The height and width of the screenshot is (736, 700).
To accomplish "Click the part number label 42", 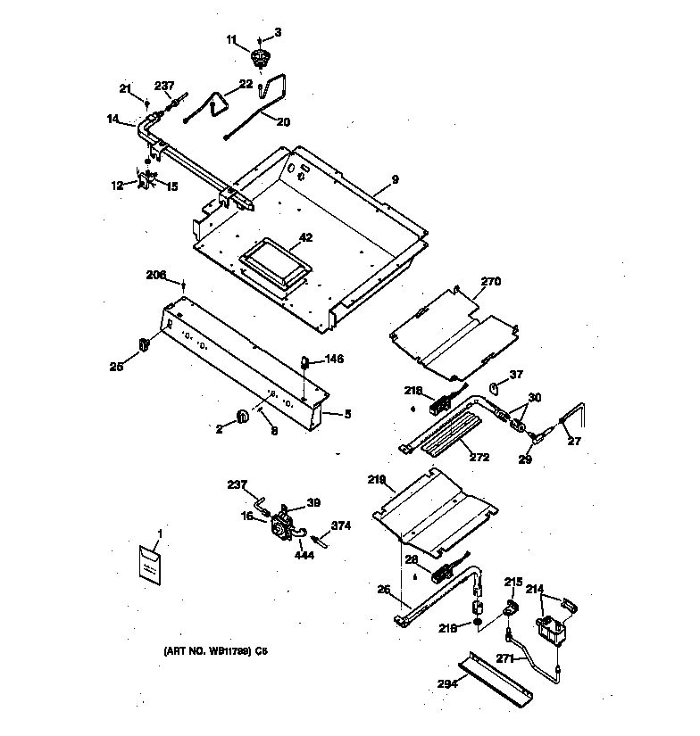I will (x=305, y=237).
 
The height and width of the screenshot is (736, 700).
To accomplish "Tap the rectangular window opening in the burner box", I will (x=271, y=261).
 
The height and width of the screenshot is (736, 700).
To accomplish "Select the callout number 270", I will (x=491, y=282).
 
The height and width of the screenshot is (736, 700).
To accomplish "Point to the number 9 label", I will (x=395, y=179).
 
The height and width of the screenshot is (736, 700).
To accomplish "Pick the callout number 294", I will (x=447, y=685).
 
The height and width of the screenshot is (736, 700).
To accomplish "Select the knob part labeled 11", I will (x=261, y=60).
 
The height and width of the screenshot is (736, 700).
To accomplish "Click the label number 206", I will (x=157, y=275).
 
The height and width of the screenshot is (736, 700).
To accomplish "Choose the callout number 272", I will (x=479, y=458).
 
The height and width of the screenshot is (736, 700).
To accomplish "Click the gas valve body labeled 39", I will (x=285, y=521).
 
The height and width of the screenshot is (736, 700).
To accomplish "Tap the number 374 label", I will (x=341, y=525).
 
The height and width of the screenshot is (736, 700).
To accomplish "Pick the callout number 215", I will (x=512, y=582).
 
